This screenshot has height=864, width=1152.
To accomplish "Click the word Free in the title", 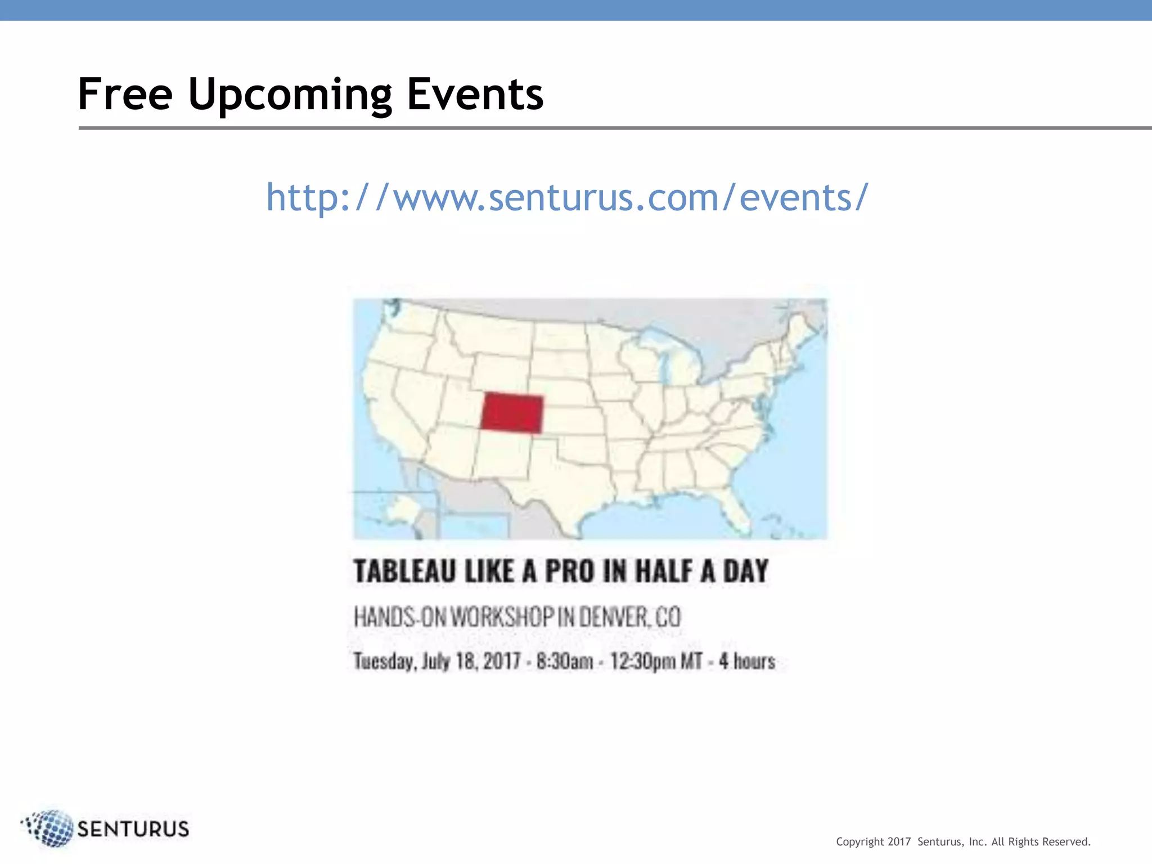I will coord(125,94).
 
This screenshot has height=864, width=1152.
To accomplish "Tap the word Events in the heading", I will coord(475,94).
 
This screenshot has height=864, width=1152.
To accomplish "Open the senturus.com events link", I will coord(567,197).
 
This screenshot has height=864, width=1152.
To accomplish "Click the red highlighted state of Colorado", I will coord(512,413).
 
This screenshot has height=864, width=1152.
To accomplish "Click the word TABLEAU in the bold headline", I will coord(404,571).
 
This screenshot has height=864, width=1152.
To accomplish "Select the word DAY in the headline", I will coord(745,571).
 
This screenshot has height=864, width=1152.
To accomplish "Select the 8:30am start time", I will coord(564,661).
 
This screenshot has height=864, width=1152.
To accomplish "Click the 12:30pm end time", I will coord(642,661).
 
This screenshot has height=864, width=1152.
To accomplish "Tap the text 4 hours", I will coord(746,661).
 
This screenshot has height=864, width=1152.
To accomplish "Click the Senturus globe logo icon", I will coord(49,828).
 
